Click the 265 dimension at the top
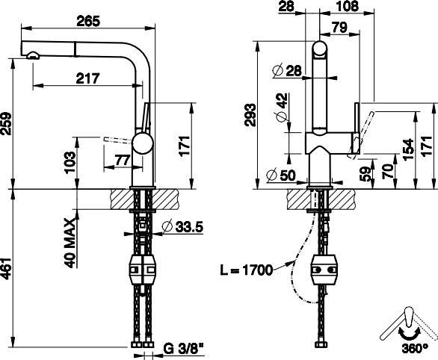pos(88,21)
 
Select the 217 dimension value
pos(87,78)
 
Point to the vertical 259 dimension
pos(7,124)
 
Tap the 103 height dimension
pos(70,162)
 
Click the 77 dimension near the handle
pos(123,160)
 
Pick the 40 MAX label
pos(70,243)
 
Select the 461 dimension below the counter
pos(7,268)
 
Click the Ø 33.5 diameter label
pos(183,227)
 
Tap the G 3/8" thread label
pos(183,349)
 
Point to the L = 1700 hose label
pos(246,270)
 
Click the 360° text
pos(415,348)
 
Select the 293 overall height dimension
pos(250,115)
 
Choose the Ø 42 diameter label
pos(282,107)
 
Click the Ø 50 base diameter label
pos(281,176)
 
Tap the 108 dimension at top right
pos(347,6)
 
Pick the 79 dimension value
pos(339,28)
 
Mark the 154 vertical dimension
pos(408,149)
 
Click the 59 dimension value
pos(365,173)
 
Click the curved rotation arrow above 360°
pos(410,334)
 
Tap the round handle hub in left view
pos(143,143)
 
